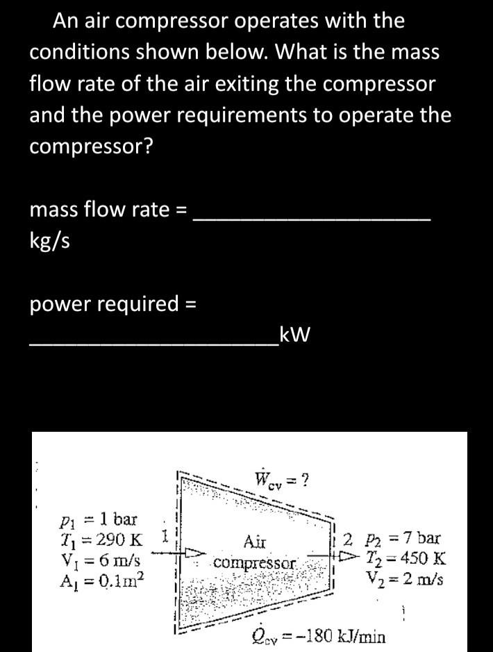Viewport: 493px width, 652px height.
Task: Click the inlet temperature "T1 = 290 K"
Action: click(101, 538)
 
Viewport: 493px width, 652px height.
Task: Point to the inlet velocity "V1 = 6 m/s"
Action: click(101, 558)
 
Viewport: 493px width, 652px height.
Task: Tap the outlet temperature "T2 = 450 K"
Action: click(406, 558)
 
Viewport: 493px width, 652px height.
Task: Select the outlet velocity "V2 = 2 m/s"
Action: click(406, 577)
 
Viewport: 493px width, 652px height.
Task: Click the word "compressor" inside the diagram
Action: click(255, 560)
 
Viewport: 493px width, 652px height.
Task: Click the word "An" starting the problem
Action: click(65, 21)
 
